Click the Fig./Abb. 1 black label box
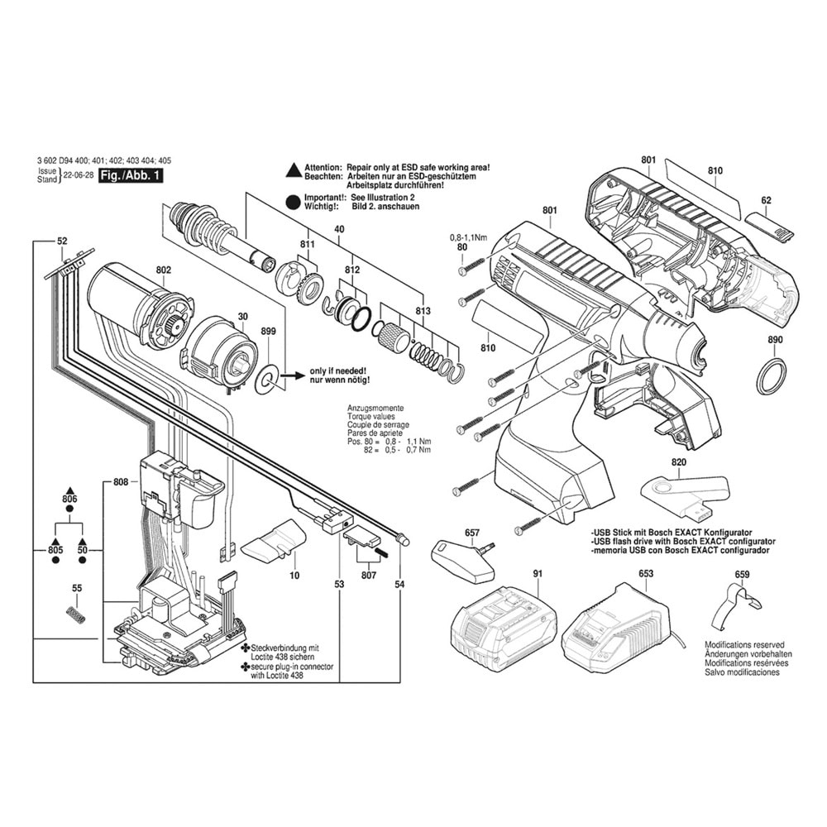(131, 176)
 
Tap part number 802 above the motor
(163, 270)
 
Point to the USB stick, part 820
(685, 492)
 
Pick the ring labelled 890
(772, 376)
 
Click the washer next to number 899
(266, 378)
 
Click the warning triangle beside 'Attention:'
(292, 169)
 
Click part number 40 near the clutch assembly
(339, 229)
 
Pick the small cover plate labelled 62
(768, 224)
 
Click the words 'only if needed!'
(338, 370)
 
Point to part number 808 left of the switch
(120, 481)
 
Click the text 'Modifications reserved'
(744, 644)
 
